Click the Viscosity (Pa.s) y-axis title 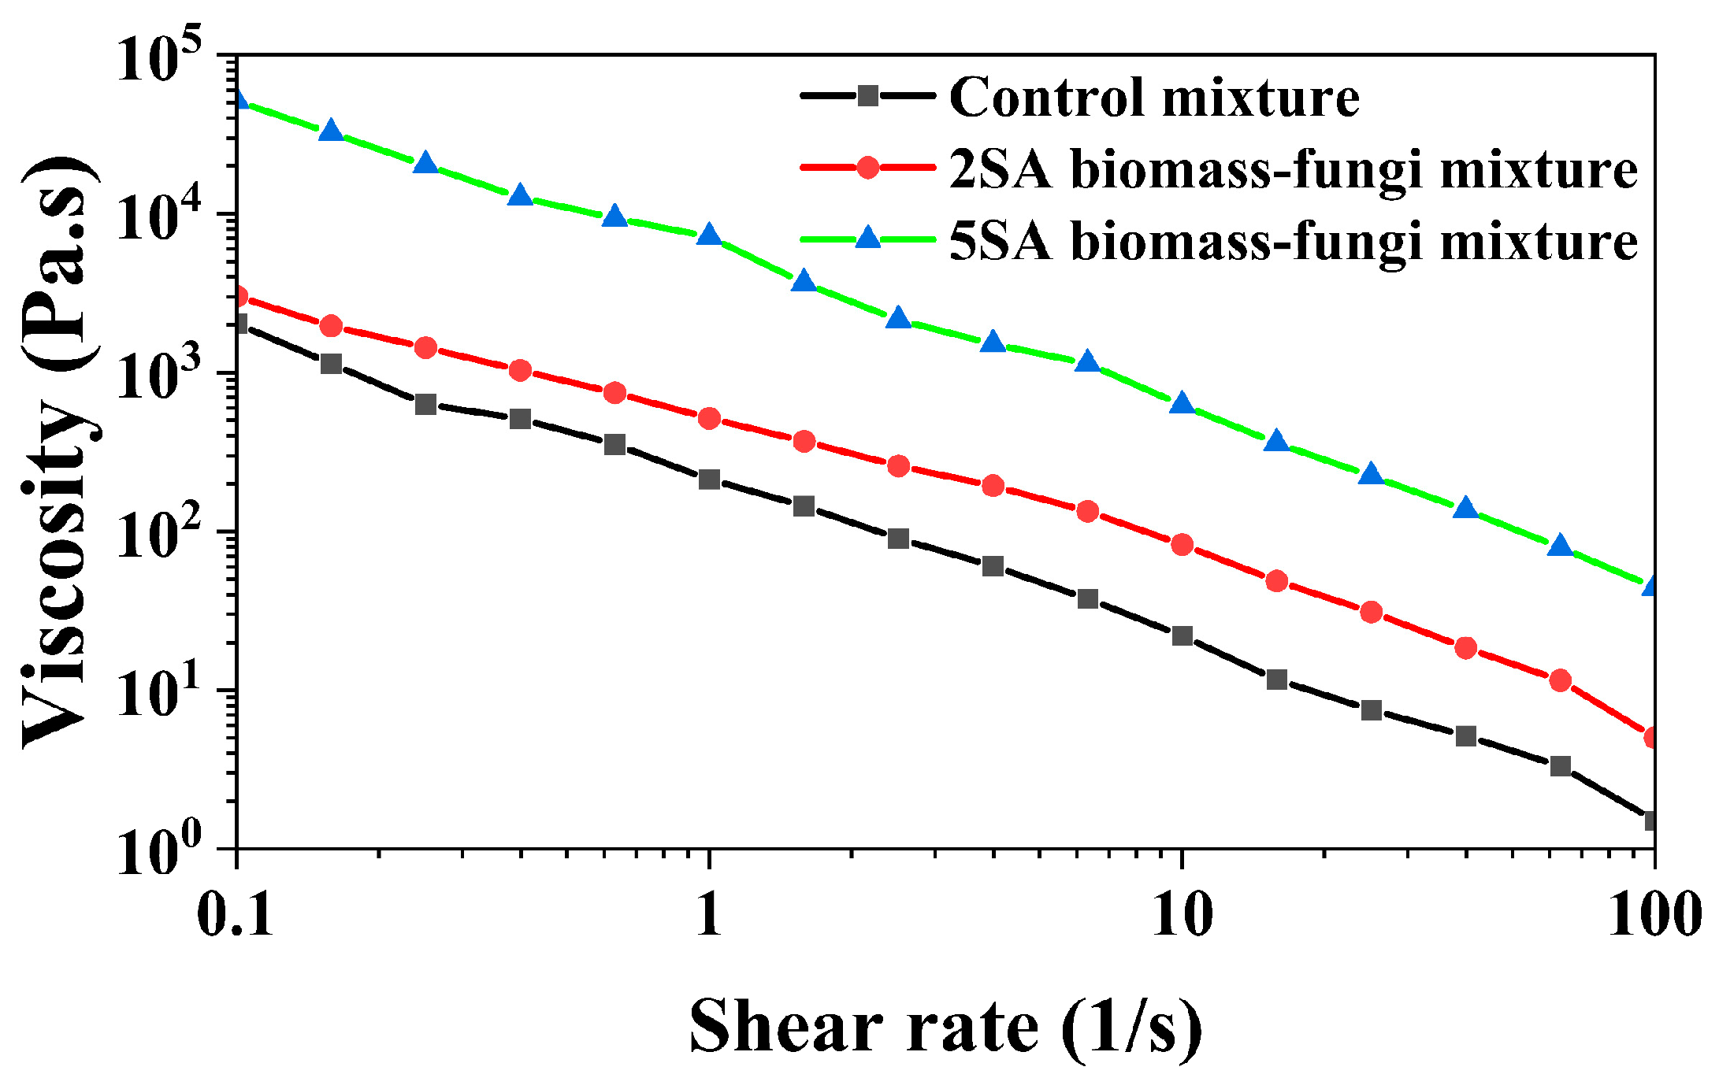coord(59,453)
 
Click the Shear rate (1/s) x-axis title coord(945,1028)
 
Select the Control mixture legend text coord(1154,98)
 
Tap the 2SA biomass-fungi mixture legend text coord(1293,169)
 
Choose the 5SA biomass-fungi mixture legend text coord(1293,239)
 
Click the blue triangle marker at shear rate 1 coord(710,235)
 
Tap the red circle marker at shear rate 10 coord(1182,544)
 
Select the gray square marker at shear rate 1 coord(710,479)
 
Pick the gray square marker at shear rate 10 coord(1182,635)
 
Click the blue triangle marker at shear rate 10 coord(1182,403)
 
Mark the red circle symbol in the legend coord(867,168)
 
